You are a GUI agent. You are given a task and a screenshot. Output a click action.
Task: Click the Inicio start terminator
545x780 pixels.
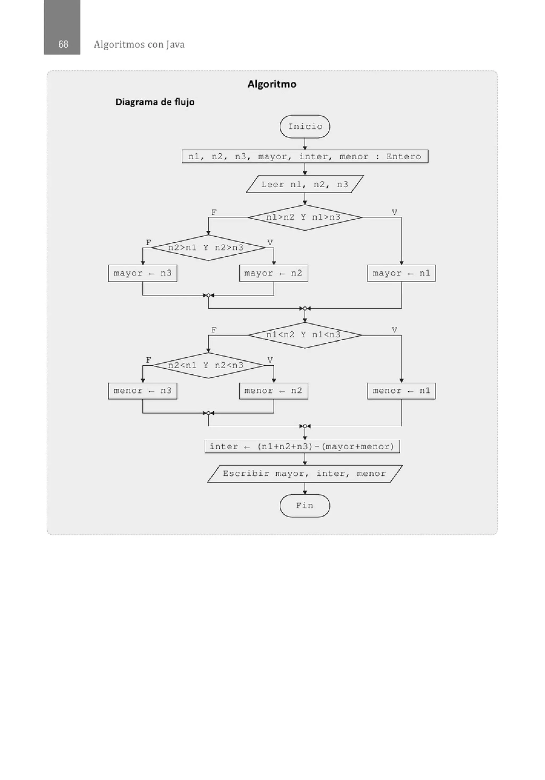coord(304,126)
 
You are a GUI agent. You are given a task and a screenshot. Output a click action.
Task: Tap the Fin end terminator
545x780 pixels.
coord(304,506)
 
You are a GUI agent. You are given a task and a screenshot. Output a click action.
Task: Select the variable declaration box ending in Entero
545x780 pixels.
coord(304,156)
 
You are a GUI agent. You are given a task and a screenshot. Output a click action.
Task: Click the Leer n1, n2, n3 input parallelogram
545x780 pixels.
coord(304,184)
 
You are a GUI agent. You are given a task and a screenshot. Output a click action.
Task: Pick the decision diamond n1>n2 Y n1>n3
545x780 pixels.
coord(304,217)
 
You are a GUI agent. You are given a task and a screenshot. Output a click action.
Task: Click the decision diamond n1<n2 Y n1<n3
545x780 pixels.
coord(304,335)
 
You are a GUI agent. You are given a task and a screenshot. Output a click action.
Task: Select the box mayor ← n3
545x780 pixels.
coord(142,273)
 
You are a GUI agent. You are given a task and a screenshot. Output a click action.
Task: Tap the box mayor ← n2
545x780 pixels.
coord(273,273)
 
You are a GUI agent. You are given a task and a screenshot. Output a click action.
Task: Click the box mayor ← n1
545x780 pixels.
coord(401,273)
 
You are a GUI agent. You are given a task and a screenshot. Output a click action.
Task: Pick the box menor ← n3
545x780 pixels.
coord(142,391)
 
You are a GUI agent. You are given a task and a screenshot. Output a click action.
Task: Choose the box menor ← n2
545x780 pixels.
coord(273,391)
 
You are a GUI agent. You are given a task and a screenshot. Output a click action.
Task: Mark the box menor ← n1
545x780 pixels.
coord(401,391)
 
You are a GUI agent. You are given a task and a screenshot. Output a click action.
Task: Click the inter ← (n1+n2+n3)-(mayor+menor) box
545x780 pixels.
coord(302,446)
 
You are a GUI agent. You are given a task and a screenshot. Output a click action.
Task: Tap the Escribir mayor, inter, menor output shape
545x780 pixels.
coord(304,474)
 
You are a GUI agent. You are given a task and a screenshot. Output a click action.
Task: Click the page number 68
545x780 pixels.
coord(63,44)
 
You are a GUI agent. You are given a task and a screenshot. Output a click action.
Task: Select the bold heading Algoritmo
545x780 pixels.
coord(272,84)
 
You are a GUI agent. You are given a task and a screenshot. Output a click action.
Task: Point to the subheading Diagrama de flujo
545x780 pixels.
coord(155,102)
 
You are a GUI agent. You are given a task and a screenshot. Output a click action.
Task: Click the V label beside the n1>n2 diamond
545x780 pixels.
coord(394,212)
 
